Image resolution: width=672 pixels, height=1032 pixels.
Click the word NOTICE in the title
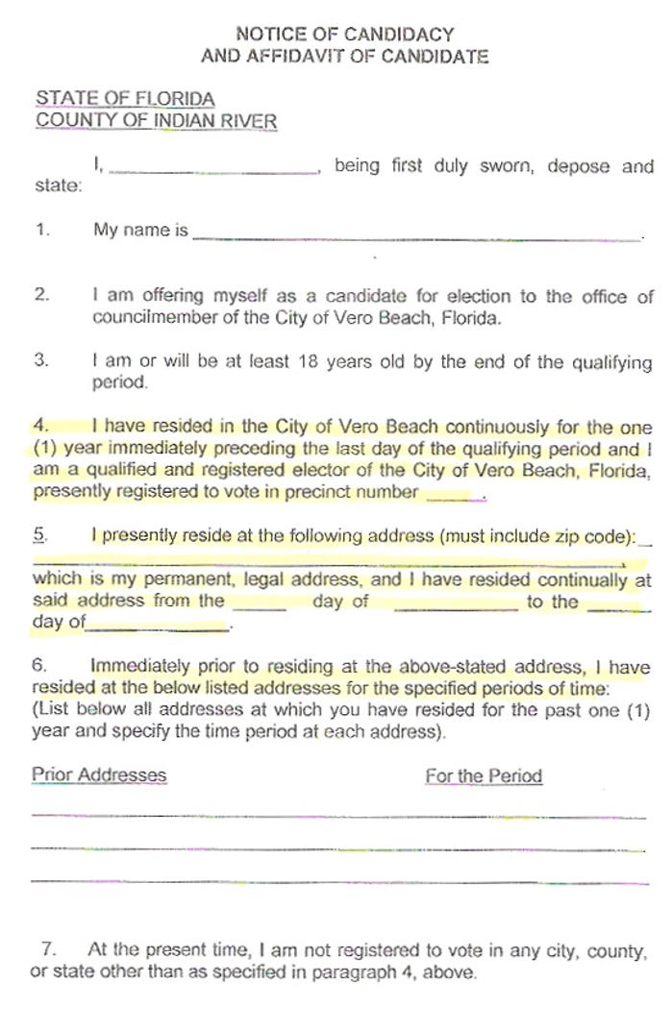point(267,35)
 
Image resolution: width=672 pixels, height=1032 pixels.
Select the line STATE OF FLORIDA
point(125,99)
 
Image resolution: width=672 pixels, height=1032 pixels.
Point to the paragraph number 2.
point(40,296)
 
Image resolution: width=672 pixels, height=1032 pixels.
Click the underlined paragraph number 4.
point(40,426)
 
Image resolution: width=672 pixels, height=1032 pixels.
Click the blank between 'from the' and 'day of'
point(260,604)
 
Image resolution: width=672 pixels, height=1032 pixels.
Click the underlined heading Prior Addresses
point(98,774)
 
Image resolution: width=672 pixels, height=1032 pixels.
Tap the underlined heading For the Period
point(484,775)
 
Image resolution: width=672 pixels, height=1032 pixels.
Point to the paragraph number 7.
point(48,949)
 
